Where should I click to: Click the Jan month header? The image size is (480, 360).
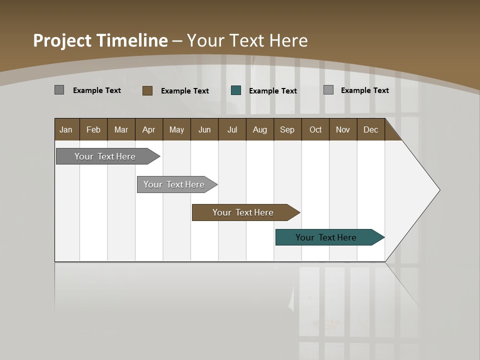click(x=66, y=129)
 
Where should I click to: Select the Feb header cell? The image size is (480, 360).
click(x=93, y=129)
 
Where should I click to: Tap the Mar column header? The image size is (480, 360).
click(x=121, y=129)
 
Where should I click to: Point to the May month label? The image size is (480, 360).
click(x=176, y=129)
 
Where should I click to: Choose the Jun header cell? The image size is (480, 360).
click(x=204, y=129)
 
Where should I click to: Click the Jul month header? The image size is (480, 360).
click(x=232, y=129)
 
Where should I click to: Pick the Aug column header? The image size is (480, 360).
click(x=260, y=129)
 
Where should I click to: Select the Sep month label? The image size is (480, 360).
click(x=287, y=129)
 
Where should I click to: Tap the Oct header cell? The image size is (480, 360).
click(x=315, y=129)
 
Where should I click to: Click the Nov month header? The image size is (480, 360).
click(x=343, y=129)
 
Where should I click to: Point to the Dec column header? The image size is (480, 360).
click(x=371, y=129)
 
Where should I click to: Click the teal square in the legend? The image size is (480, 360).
click(x=236, y=90)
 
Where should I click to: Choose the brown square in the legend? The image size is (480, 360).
click(x=147, y=90)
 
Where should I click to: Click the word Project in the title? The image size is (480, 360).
click(x=62, y=40)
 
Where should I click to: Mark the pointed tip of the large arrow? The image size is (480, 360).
click(x=439, y=190)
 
